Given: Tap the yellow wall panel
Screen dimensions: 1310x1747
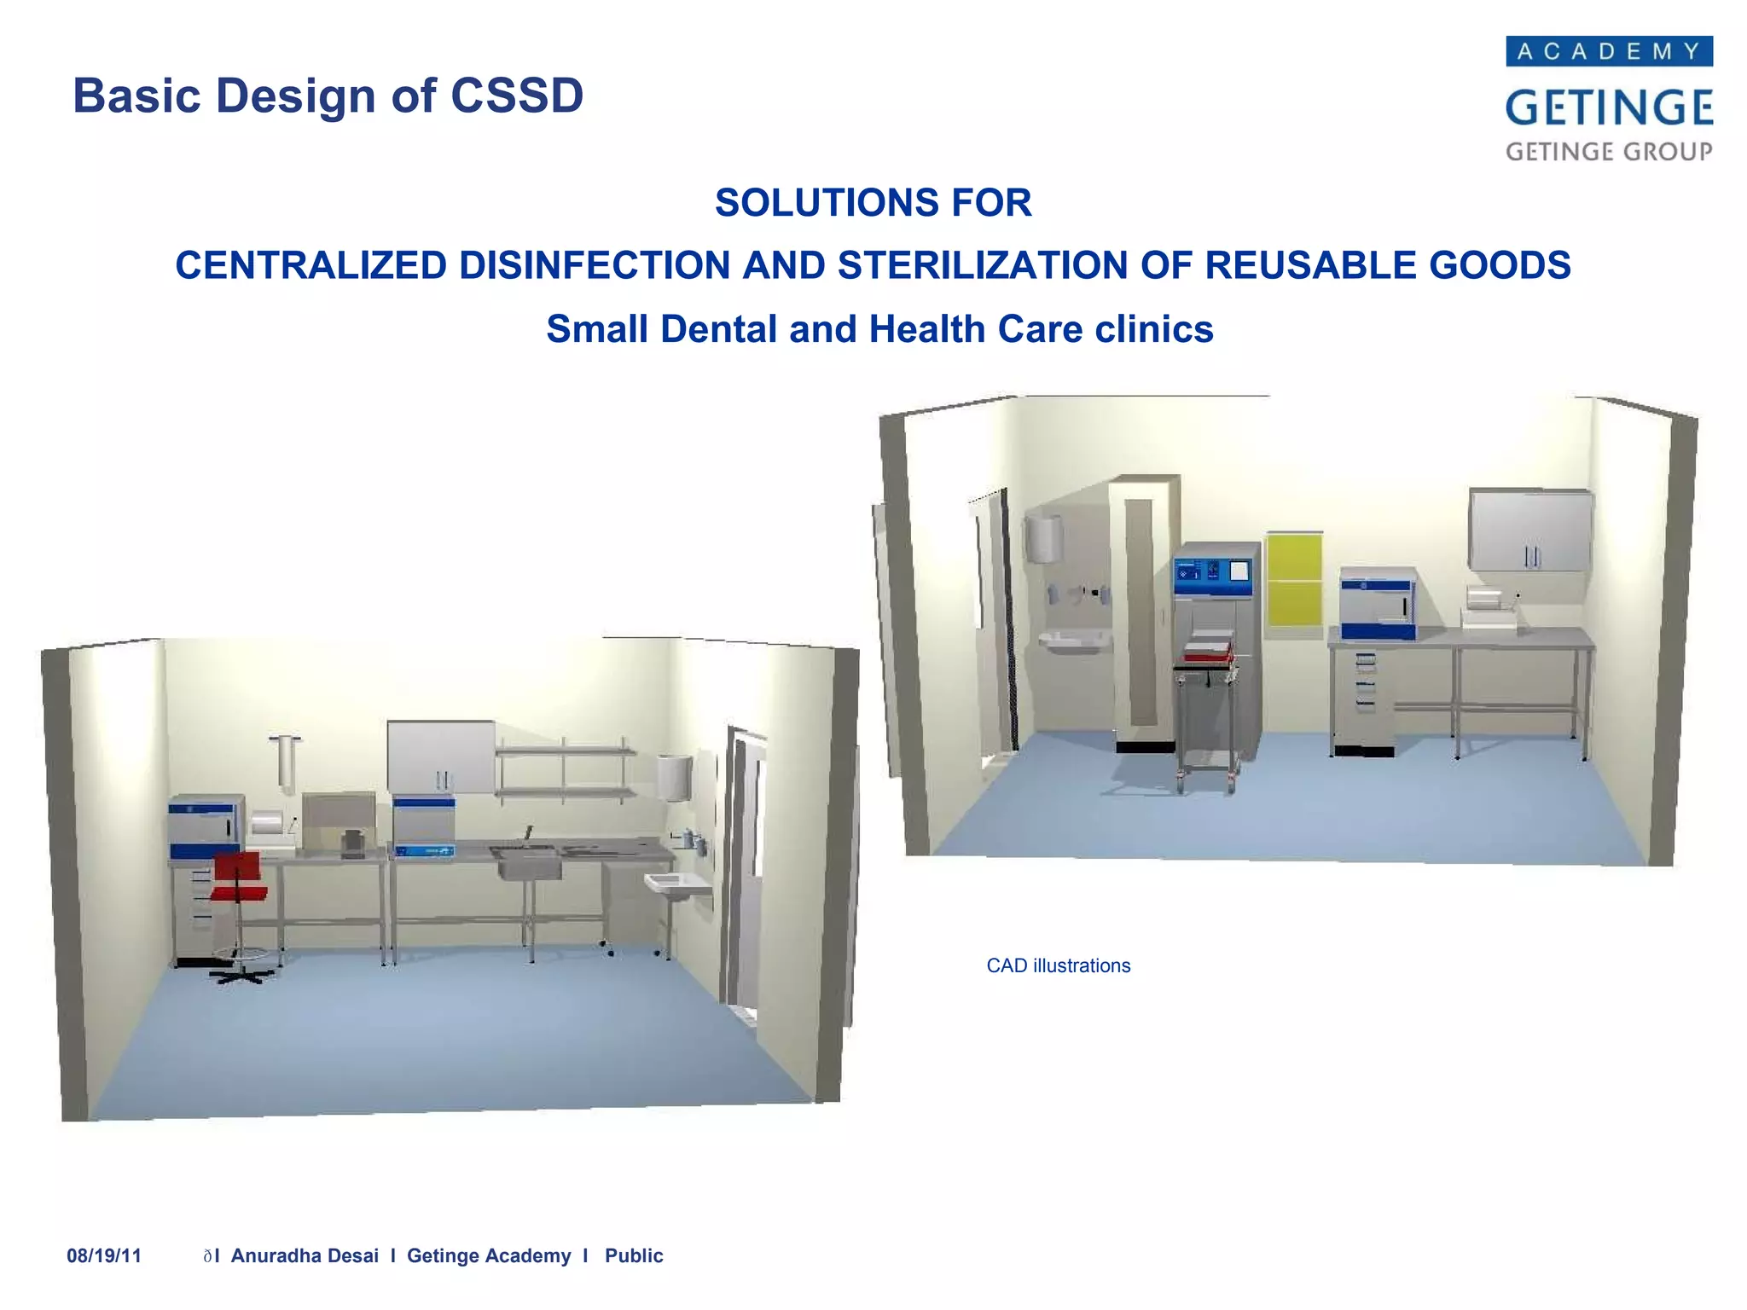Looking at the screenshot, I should [1294, 580].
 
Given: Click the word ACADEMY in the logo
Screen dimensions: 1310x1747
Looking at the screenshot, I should [1609, 52].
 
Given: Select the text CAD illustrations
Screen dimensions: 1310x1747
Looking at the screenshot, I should [1058, 965].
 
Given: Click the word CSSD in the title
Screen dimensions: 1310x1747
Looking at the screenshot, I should [516, 96].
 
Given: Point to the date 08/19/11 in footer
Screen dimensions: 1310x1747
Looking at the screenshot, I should [104, 1255].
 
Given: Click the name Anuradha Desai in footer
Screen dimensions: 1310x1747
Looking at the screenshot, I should [305, 1255].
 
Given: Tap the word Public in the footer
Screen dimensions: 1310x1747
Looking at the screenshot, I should [634, 1255].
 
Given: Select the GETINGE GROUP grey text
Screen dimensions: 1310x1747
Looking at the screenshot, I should [1609, 152].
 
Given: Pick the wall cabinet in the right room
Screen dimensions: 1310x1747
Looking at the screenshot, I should [1530, 530].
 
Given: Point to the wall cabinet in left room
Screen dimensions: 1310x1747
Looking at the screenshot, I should [440, 756].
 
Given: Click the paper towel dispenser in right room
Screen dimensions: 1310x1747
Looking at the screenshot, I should [1044, 537].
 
